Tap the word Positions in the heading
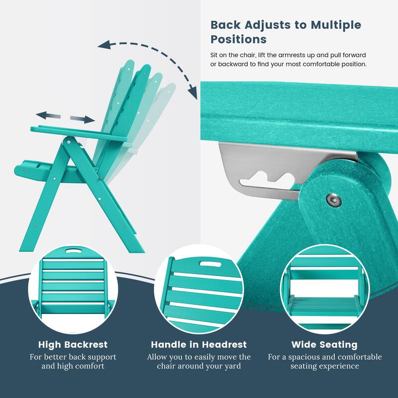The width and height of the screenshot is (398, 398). [x=239, y=39]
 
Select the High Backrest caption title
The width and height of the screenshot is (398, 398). [x=73, y=344]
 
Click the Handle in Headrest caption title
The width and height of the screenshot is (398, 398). [x=199, y=344]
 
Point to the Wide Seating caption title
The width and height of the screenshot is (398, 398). [x=324, y=344]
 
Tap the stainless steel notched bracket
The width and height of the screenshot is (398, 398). [x=259, y=169]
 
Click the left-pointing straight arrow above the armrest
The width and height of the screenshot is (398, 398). [x=48, y=115]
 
